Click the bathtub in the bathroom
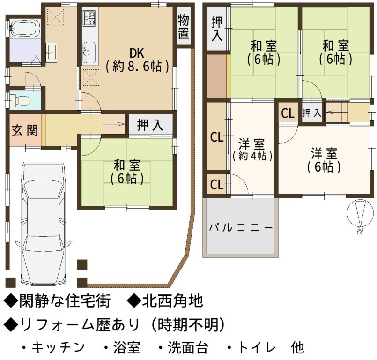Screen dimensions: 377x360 click(x=25, y=29)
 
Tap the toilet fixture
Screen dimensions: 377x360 click(x=20, y=100)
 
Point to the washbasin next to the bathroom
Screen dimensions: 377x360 click(x=51, y=52)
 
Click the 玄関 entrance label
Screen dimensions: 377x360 click(x=25, y=131)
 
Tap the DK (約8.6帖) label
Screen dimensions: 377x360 click(x=137, y=60)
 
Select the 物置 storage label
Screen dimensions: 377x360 click(x=184, y=27)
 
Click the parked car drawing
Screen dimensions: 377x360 click(x=43, y=223)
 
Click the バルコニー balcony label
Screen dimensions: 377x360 click(x=241, y=228)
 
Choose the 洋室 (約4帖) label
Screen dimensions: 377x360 click(x=252, y=150)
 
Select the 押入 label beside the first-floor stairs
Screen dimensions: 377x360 click(x=150, y=125)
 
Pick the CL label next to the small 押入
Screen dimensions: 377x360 click(x=288, y=113)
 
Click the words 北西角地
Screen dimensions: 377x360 click(x=172, y=301)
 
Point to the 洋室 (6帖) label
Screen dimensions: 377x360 click(x=324, y=160)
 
